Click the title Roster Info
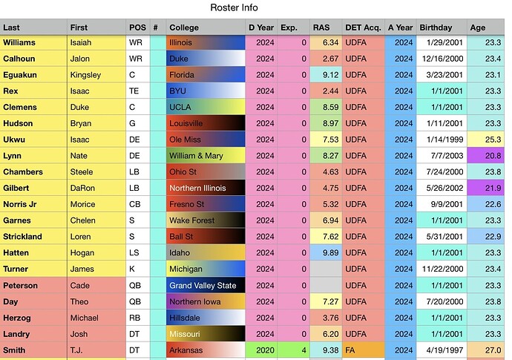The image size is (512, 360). (234, 7)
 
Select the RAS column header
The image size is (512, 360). (321, 27)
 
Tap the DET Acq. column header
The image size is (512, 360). (363, 27)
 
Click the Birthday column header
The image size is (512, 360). (436, 27)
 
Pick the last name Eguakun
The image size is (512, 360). (20, 75)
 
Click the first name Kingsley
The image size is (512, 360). (85, 75)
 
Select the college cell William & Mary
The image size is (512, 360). (206, 155)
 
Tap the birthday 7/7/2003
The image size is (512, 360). (447, 155)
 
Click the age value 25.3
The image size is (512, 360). (493, 140)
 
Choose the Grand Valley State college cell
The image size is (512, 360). (206, 285)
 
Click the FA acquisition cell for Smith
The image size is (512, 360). (364, 350)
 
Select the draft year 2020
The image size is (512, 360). (265, 350)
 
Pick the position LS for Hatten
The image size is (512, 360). (134, 252)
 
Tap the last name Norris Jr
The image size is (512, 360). (20, 204)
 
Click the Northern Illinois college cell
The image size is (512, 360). (206, 188)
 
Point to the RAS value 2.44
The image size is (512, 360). (330, 91)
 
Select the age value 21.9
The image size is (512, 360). (493, 188)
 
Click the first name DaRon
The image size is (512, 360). (82, 188)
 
